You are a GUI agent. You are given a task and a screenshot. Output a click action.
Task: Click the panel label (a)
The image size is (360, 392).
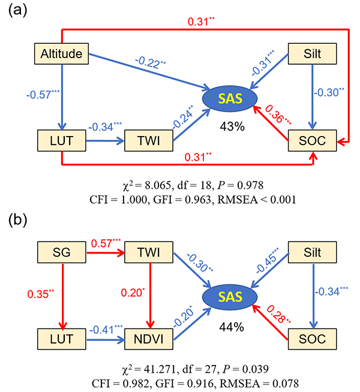pyautogui.click(x=16, y=13)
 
